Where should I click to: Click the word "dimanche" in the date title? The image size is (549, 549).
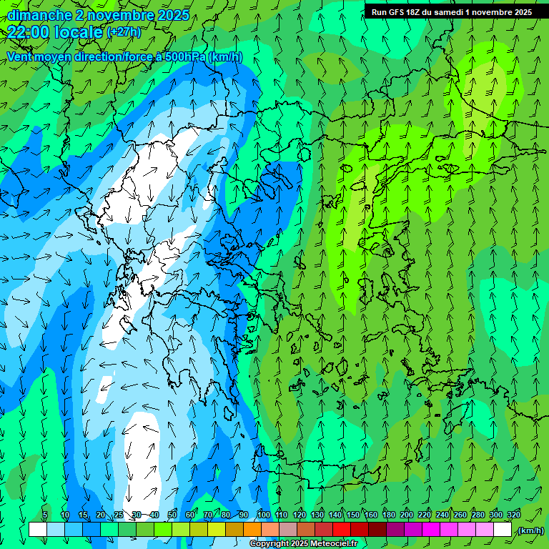pyautogui.click(x=39, y=14)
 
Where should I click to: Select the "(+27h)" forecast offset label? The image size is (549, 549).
pyautogui.click(x=124, y=32)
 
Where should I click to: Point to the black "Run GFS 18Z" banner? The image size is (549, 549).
pyautogui.click(x=451, y=11)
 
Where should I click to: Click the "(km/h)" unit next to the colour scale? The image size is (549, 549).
pyautogui.click(x=530, y=530)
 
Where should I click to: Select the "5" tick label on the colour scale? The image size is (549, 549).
pyautogui.click(x=45, y=515)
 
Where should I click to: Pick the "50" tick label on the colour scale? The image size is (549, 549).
pyautogui.click(x=172, y=515)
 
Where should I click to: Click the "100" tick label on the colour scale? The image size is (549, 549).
pyautogui.click(x=263, y=515)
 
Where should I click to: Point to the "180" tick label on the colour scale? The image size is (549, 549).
pyautogui.click(x=388, y=515)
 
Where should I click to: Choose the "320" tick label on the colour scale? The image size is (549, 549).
pyautogui.click(x=513, y=515)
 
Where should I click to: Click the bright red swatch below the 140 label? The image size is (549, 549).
pyautogui.click(x=342, y=530)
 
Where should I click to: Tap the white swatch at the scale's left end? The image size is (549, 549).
pyautogui.click(x=38, y=530)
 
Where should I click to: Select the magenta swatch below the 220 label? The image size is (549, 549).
pyautogui.click(x=431, y=530)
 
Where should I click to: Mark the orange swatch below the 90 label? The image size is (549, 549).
pyautogui.click(x=252, y=530)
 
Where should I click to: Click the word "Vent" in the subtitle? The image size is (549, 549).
pyautogui.click(x=20, y=56)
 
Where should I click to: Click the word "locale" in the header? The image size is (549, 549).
pyautogui.click(x=76, y=31)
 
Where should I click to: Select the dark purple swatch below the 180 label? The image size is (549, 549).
pyautogui.click(x=395, y=530)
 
